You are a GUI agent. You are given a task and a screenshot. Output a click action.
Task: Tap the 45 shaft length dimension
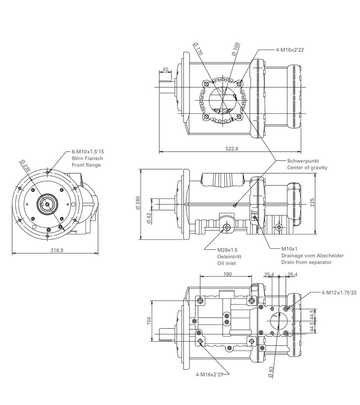(x=165, y=69)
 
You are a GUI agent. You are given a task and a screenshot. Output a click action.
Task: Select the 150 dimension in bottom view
(x=149, y=320)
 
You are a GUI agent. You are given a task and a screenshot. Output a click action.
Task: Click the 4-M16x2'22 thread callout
(x=290, y=50)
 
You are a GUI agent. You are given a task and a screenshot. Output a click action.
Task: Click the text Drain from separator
(x=306, y=262)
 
